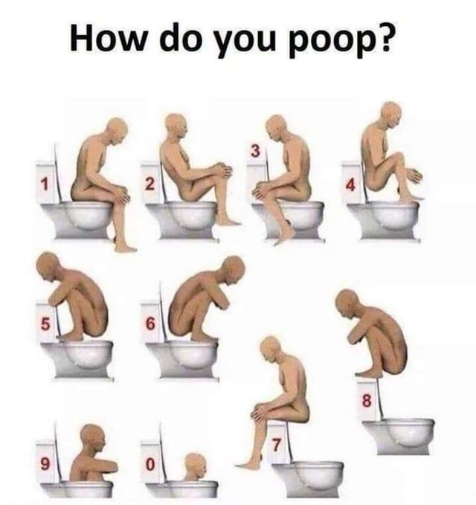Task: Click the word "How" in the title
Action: [108, 36]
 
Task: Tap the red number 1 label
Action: [45, 184]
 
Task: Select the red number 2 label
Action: [149, 184]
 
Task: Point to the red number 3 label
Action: [255, 151]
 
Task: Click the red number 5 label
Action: [45, 324]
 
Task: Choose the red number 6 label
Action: [150, 324]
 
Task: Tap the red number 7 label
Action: [277, 445]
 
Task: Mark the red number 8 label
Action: [367, 402]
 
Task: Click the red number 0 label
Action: [149, 464]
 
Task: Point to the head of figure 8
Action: [347, 303]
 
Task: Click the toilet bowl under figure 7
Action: [308, 479]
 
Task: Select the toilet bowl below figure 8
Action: [399, 436]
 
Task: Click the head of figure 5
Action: [48, 266]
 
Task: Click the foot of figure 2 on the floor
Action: [228, 221]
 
